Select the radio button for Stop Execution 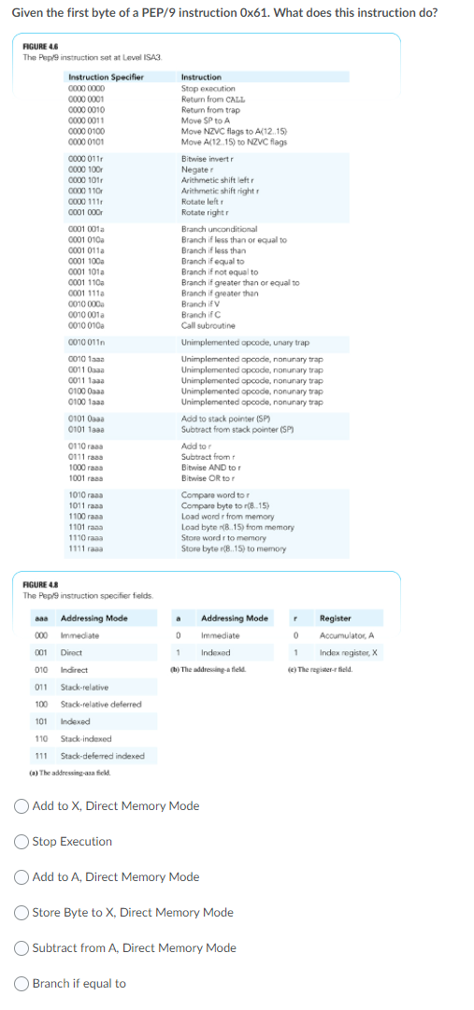tap(23, 841)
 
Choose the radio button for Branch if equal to tap(23, 983)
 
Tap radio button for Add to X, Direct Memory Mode tap(23, 805)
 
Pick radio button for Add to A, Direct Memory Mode tap(23, 876)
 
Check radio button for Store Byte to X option tap(23, 912)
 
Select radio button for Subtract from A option tap(23, 947)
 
